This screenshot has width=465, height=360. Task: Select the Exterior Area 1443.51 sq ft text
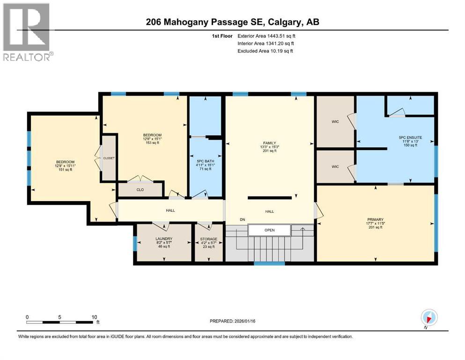pyautogui.click(x=266, y=35)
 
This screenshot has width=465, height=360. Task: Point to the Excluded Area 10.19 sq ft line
pyautogui.click(x=265, y=51)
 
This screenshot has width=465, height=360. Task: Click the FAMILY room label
pyautogui.click(x=269, y=142)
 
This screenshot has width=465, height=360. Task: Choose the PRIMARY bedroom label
pyautogui.click(x=376, y=219)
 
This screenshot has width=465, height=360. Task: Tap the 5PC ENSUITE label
pyautogui.click(x=410, y=137)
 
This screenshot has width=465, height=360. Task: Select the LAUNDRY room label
pyautogui.click(x=164, y=239)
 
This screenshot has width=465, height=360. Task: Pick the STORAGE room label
pyautogui.click(x=209, y=239)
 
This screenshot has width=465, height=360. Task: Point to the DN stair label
pyautogui.click(x=242, y=219)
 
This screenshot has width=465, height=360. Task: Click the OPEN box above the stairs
pyautogui.click(x=269, y=230)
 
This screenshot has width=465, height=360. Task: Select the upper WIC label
pyautogui.click(x=334, y=122)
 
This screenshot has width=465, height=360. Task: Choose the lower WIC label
pyautogui.click(x=334, y=166)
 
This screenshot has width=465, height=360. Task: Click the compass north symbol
pyautogui.click(x=429, y=317)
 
